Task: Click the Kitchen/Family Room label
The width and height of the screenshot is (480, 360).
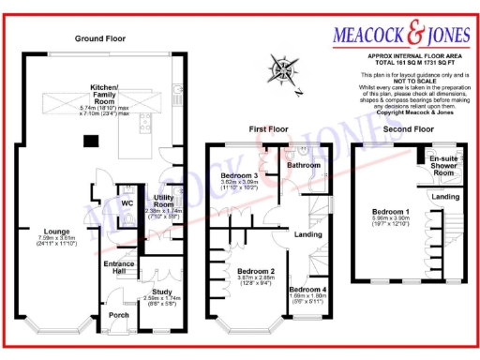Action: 102,90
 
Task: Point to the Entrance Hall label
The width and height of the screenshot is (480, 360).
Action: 118,266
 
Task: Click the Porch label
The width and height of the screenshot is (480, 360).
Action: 118,315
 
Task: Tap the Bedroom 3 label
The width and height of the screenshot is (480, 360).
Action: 239,175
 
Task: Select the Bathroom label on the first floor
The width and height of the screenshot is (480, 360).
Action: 304,165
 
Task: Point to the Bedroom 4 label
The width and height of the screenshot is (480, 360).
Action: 307,290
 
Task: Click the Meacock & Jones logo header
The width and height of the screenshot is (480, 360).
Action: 399,36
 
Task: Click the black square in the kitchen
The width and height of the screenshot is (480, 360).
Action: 90,142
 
